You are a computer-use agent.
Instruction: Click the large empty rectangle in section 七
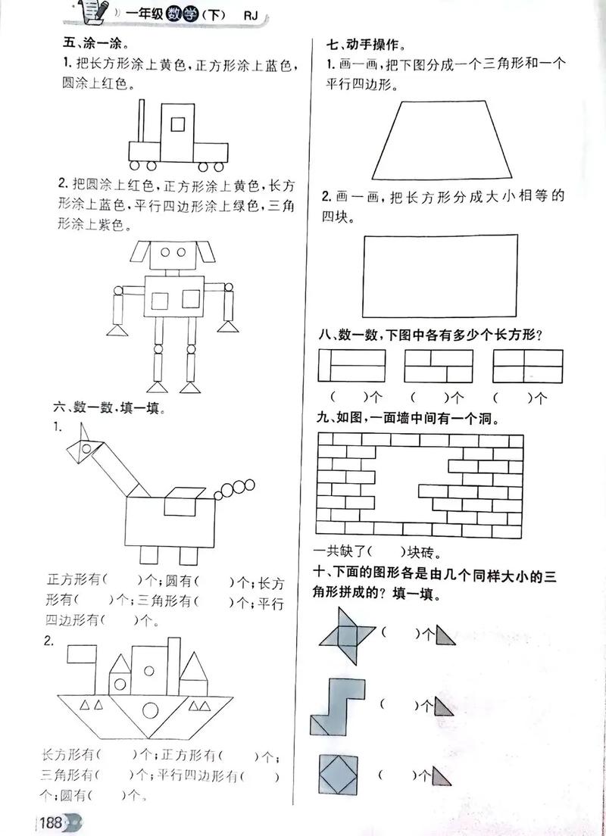click(x=441, y=276)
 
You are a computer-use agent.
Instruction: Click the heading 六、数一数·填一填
click(x=111, y=408)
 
